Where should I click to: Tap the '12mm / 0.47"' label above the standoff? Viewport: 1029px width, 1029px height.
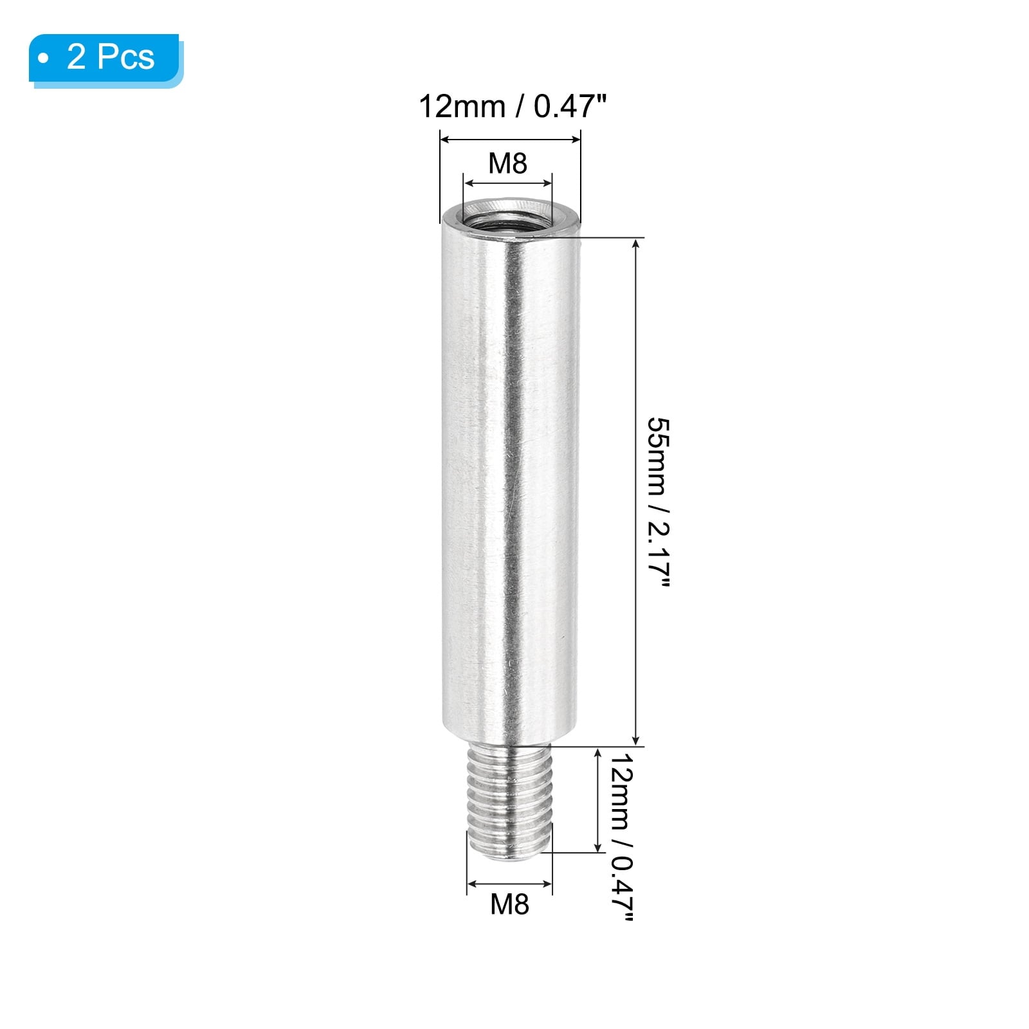513,106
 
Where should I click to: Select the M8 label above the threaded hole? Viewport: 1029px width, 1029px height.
507,163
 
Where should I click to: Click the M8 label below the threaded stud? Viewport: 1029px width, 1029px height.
509,904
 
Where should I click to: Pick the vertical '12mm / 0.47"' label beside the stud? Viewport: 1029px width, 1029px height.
621,837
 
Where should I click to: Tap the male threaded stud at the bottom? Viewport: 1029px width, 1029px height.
509,803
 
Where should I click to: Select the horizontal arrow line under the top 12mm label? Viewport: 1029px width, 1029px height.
510,139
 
